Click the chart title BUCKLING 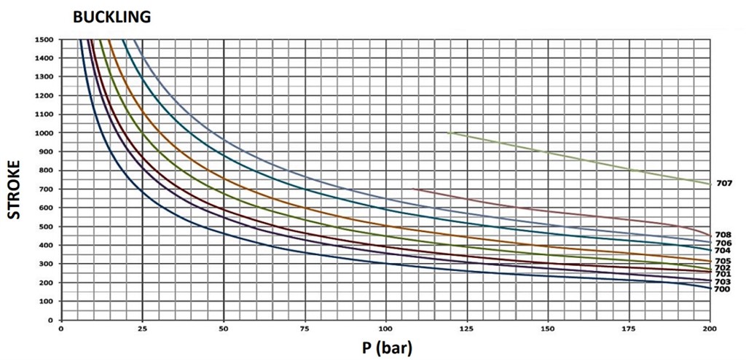[x=111, y=17]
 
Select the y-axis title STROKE [x=15, y=189]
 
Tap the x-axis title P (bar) [x=386, y=348]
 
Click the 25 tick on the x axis [x=142, y=329]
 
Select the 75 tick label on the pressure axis [x=305, y=329]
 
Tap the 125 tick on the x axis [x=467, y=329]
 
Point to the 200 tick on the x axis [x=710, y=329]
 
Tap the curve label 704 [x=723, y=251]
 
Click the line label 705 [x=723, y=261]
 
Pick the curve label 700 [x=723, y=289]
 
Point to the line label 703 [x=723, y=282]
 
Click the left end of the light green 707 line [x=448, y=133]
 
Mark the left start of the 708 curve [x=412, y=189]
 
